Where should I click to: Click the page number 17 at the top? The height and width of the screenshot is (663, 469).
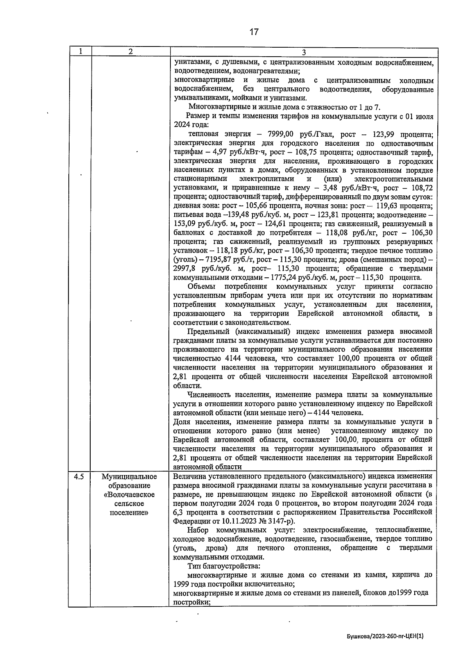click(x=254, y=32)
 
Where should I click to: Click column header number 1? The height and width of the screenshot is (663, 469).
click(x=80, y=52)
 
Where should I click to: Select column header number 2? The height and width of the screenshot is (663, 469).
click(x=131, y=52)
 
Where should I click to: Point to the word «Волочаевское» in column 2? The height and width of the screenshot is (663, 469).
click(x=129, y=495)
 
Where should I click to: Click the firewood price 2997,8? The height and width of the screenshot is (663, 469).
click(x=186, y=269)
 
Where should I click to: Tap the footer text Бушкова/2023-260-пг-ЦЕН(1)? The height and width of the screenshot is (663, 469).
click(x=385, y=636)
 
